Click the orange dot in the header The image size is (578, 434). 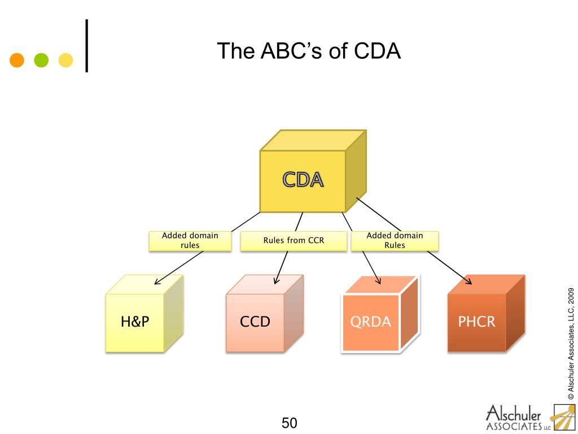point(17,60)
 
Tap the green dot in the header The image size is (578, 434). point(42,60)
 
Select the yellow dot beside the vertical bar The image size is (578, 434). point(66,60)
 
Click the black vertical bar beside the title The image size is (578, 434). point(87,46)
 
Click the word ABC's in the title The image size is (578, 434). point(286,51)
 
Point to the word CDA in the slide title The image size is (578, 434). point(377,51)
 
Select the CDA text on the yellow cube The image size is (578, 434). point(303,180)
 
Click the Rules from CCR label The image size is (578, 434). point(294,241)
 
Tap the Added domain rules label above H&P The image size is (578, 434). point(190,241)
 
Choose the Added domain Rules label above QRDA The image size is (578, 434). point(395,241)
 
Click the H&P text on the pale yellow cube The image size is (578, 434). point(135,322)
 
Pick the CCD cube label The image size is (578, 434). point(255,322)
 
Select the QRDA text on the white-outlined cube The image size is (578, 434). point(370,322)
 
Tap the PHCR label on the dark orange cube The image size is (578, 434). point(476,322)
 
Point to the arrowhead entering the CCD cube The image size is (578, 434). point(277,281)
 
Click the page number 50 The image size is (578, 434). point(289,423)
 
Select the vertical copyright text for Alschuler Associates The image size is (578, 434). point(571,344)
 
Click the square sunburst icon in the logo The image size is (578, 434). point(563,418)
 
